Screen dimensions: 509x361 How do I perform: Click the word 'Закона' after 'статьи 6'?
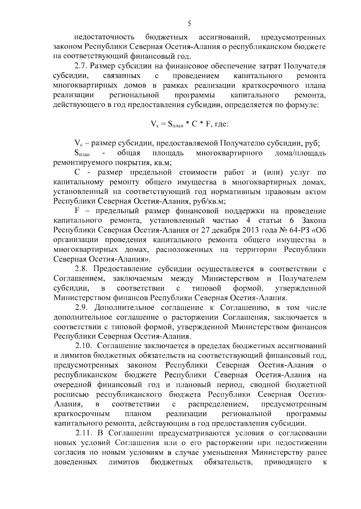pos(313,221)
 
